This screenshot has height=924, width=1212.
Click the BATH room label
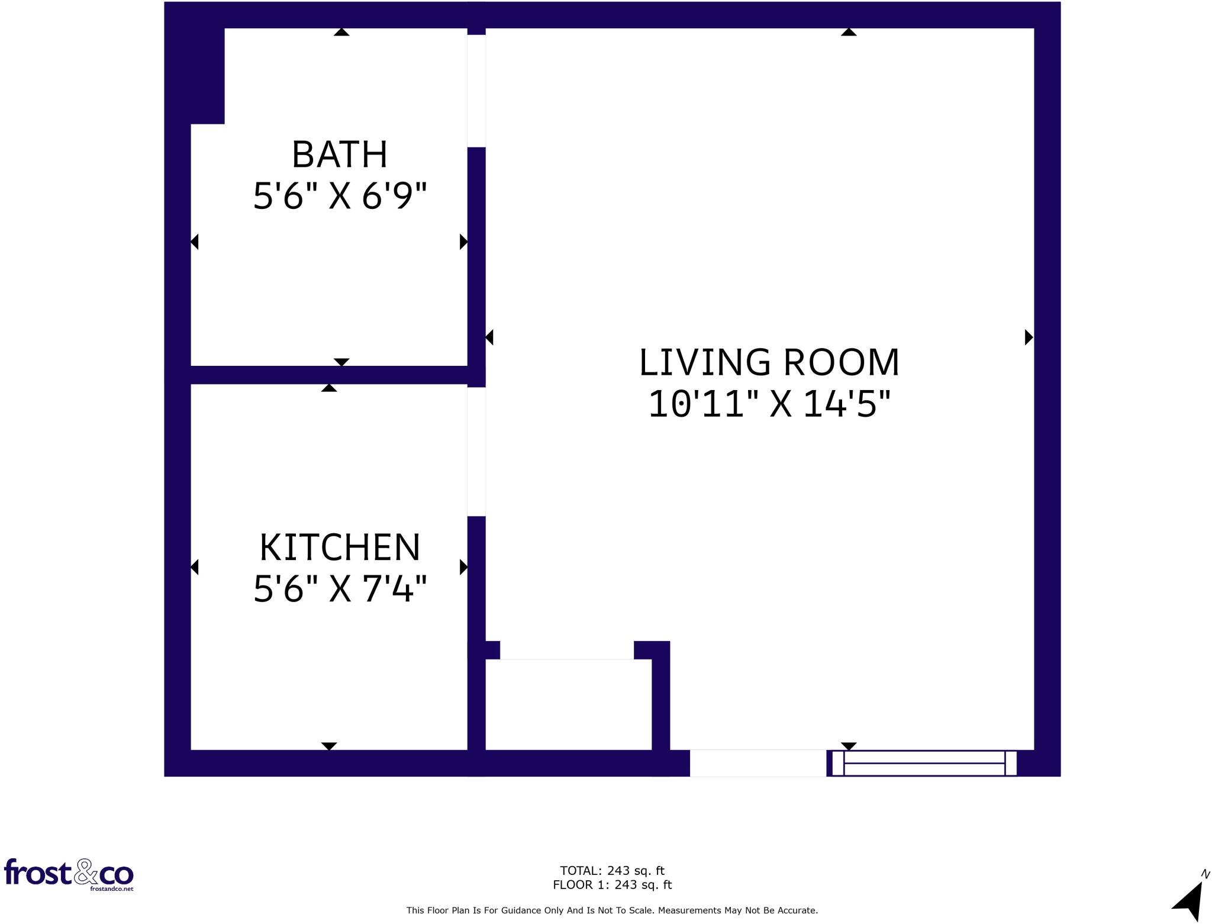(340, 155)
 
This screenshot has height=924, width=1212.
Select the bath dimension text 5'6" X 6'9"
(340, 197)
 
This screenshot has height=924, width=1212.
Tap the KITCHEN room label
(340, 548)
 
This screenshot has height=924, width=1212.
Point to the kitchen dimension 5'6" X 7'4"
(340, 590)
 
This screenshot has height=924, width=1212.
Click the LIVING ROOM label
(769, 363)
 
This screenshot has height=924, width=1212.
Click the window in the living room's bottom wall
(924, 763)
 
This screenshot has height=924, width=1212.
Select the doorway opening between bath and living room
(476, 91)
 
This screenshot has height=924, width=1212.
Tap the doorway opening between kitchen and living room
(476, 452)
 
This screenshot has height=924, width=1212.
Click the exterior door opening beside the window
(757, 763)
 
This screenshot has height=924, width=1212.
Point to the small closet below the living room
(568, 704)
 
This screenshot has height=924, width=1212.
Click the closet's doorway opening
(566, 650)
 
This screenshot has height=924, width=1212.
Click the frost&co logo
(69, 873)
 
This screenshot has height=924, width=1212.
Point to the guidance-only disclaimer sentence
(612, 910)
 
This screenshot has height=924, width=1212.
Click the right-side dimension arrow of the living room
(1029, 337)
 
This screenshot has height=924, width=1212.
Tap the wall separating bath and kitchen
(328, 375)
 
